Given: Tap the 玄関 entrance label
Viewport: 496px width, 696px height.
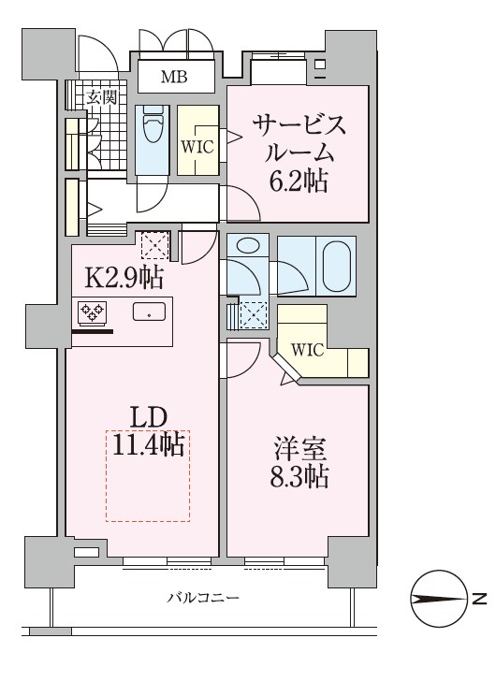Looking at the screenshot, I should pos(102,96).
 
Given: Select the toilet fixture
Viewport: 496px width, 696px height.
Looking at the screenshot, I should pos(152,130).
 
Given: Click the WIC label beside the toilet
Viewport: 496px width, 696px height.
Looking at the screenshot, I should pos(197,147).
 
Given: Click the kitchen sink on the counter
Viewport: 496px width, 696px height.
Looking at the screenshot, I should pos(150,312).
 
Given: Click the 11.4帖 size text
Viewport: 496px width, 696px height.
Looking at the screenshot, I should pos(147,444).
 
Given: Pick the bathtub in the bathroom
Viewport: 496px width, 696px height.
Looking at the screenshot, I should pos(338,266).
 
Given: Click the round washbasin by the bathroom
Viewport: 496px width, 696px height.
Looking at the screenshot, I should pos(246,247).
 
